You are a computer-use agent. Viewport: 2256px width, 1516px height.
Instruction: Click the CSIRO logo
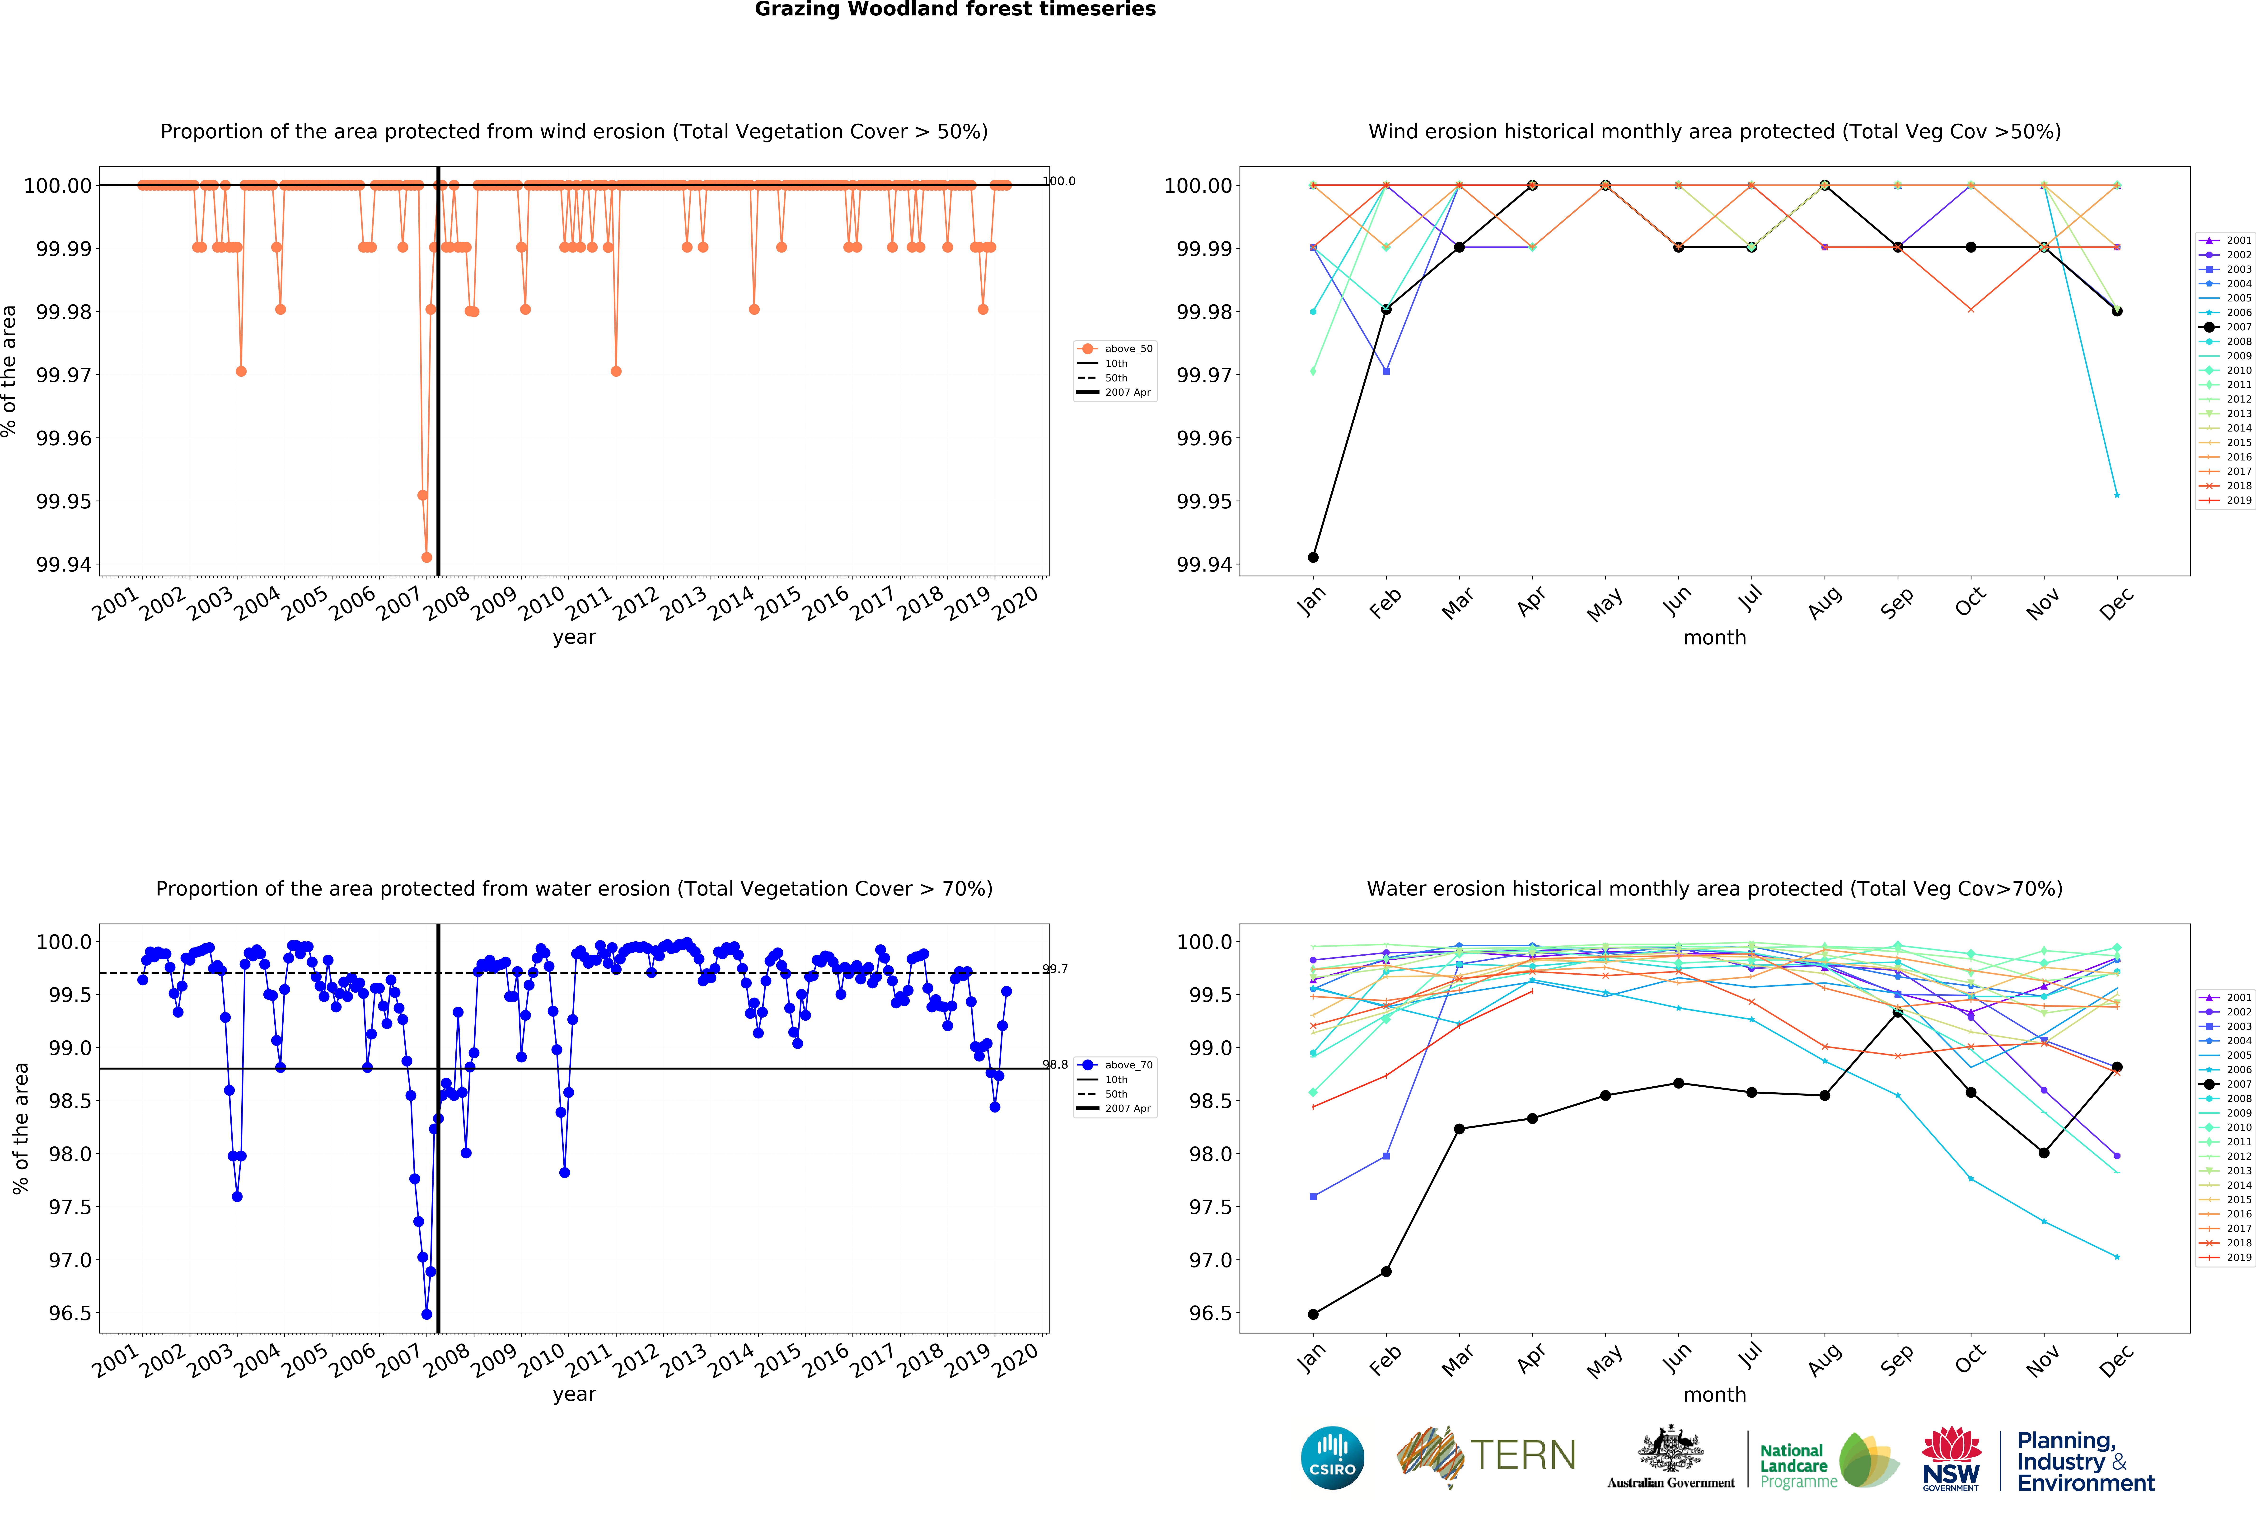[x=1332, y=1457]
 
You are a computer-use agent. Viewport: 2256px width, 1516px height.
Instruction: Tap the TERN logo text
[x=1522, y=1455]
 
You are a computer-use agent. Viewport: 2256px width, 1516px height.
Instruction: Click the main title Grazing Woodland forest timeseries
[x=955, y=10]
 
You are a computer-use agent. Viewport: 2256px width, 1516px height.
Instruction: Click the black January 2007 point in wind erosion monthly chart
[x=1313, y=558]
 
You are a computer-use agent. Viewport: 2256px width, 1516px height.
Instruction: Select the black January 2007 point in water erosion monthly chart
[x=1313, y=1314]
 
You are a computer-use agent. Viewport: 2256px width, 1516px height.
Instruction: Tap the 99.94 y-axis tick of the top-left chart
[x=64, y=565]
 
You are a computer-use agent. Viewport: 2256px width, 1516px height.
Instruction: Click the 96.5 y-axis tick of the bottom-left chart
[x=70, y=1314]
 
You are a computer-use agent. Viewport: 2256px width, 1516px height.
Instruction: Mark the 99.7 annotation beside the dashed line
[x=1056, y=969]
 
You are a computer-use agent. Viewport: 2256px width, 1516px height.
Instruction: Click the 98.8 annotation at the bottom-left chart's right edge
[x=1056, y=1065]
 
